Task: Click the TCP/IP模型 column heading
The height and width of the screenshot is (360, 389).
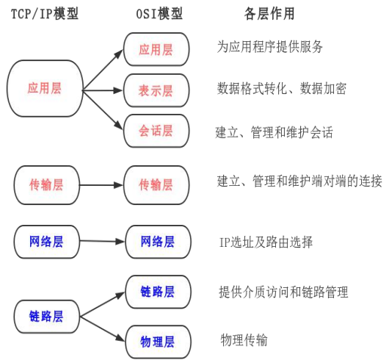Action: [44, 15]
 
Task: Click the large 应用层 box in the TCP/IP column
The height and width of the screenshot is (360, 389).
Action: [45, 88]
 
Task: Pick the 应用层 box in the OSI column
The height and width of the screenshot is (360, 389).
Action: [157, 49]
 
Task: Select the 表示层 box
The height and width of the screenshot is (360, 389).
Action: [157, 90]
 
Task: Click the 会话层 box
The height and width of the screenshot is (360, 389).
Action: [157, 131]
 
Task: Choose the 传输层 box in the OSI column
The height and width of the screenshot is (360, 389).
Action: [157, 184]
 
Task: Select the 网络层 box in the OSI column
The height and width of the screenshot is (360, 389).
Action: [157, 242]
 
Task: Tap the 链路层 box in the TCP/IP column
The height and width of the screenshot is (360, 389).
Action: [46, 317]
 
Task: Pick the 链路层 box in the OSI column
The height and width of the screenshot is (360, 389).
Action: [157, 292]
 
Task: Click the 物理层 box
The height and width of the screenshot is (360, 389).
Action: [157, 342]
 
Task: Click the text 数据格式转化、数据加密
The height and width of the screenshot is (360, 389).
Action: [282, 88]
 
